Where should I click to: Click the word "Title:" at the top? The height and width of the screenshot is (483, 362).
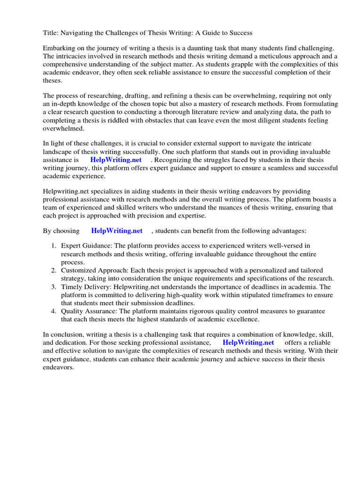[51, 33]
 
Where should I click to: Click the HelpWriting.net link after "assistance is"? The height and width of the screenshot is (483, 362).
[116, 160]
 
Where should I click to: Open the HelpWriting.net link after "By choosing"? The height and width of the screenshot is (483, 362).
[116, 231]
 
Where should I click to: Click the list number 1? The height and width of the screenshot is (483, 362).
[54, 246]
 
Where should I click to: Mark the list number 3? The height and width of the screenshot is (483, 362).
[54, 287]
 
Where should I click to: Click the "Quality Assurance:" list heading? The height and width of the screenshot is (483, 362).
[89, 311]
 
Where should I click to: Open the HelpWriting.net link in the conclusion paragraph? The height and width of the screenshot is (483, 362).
[248, 342]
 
